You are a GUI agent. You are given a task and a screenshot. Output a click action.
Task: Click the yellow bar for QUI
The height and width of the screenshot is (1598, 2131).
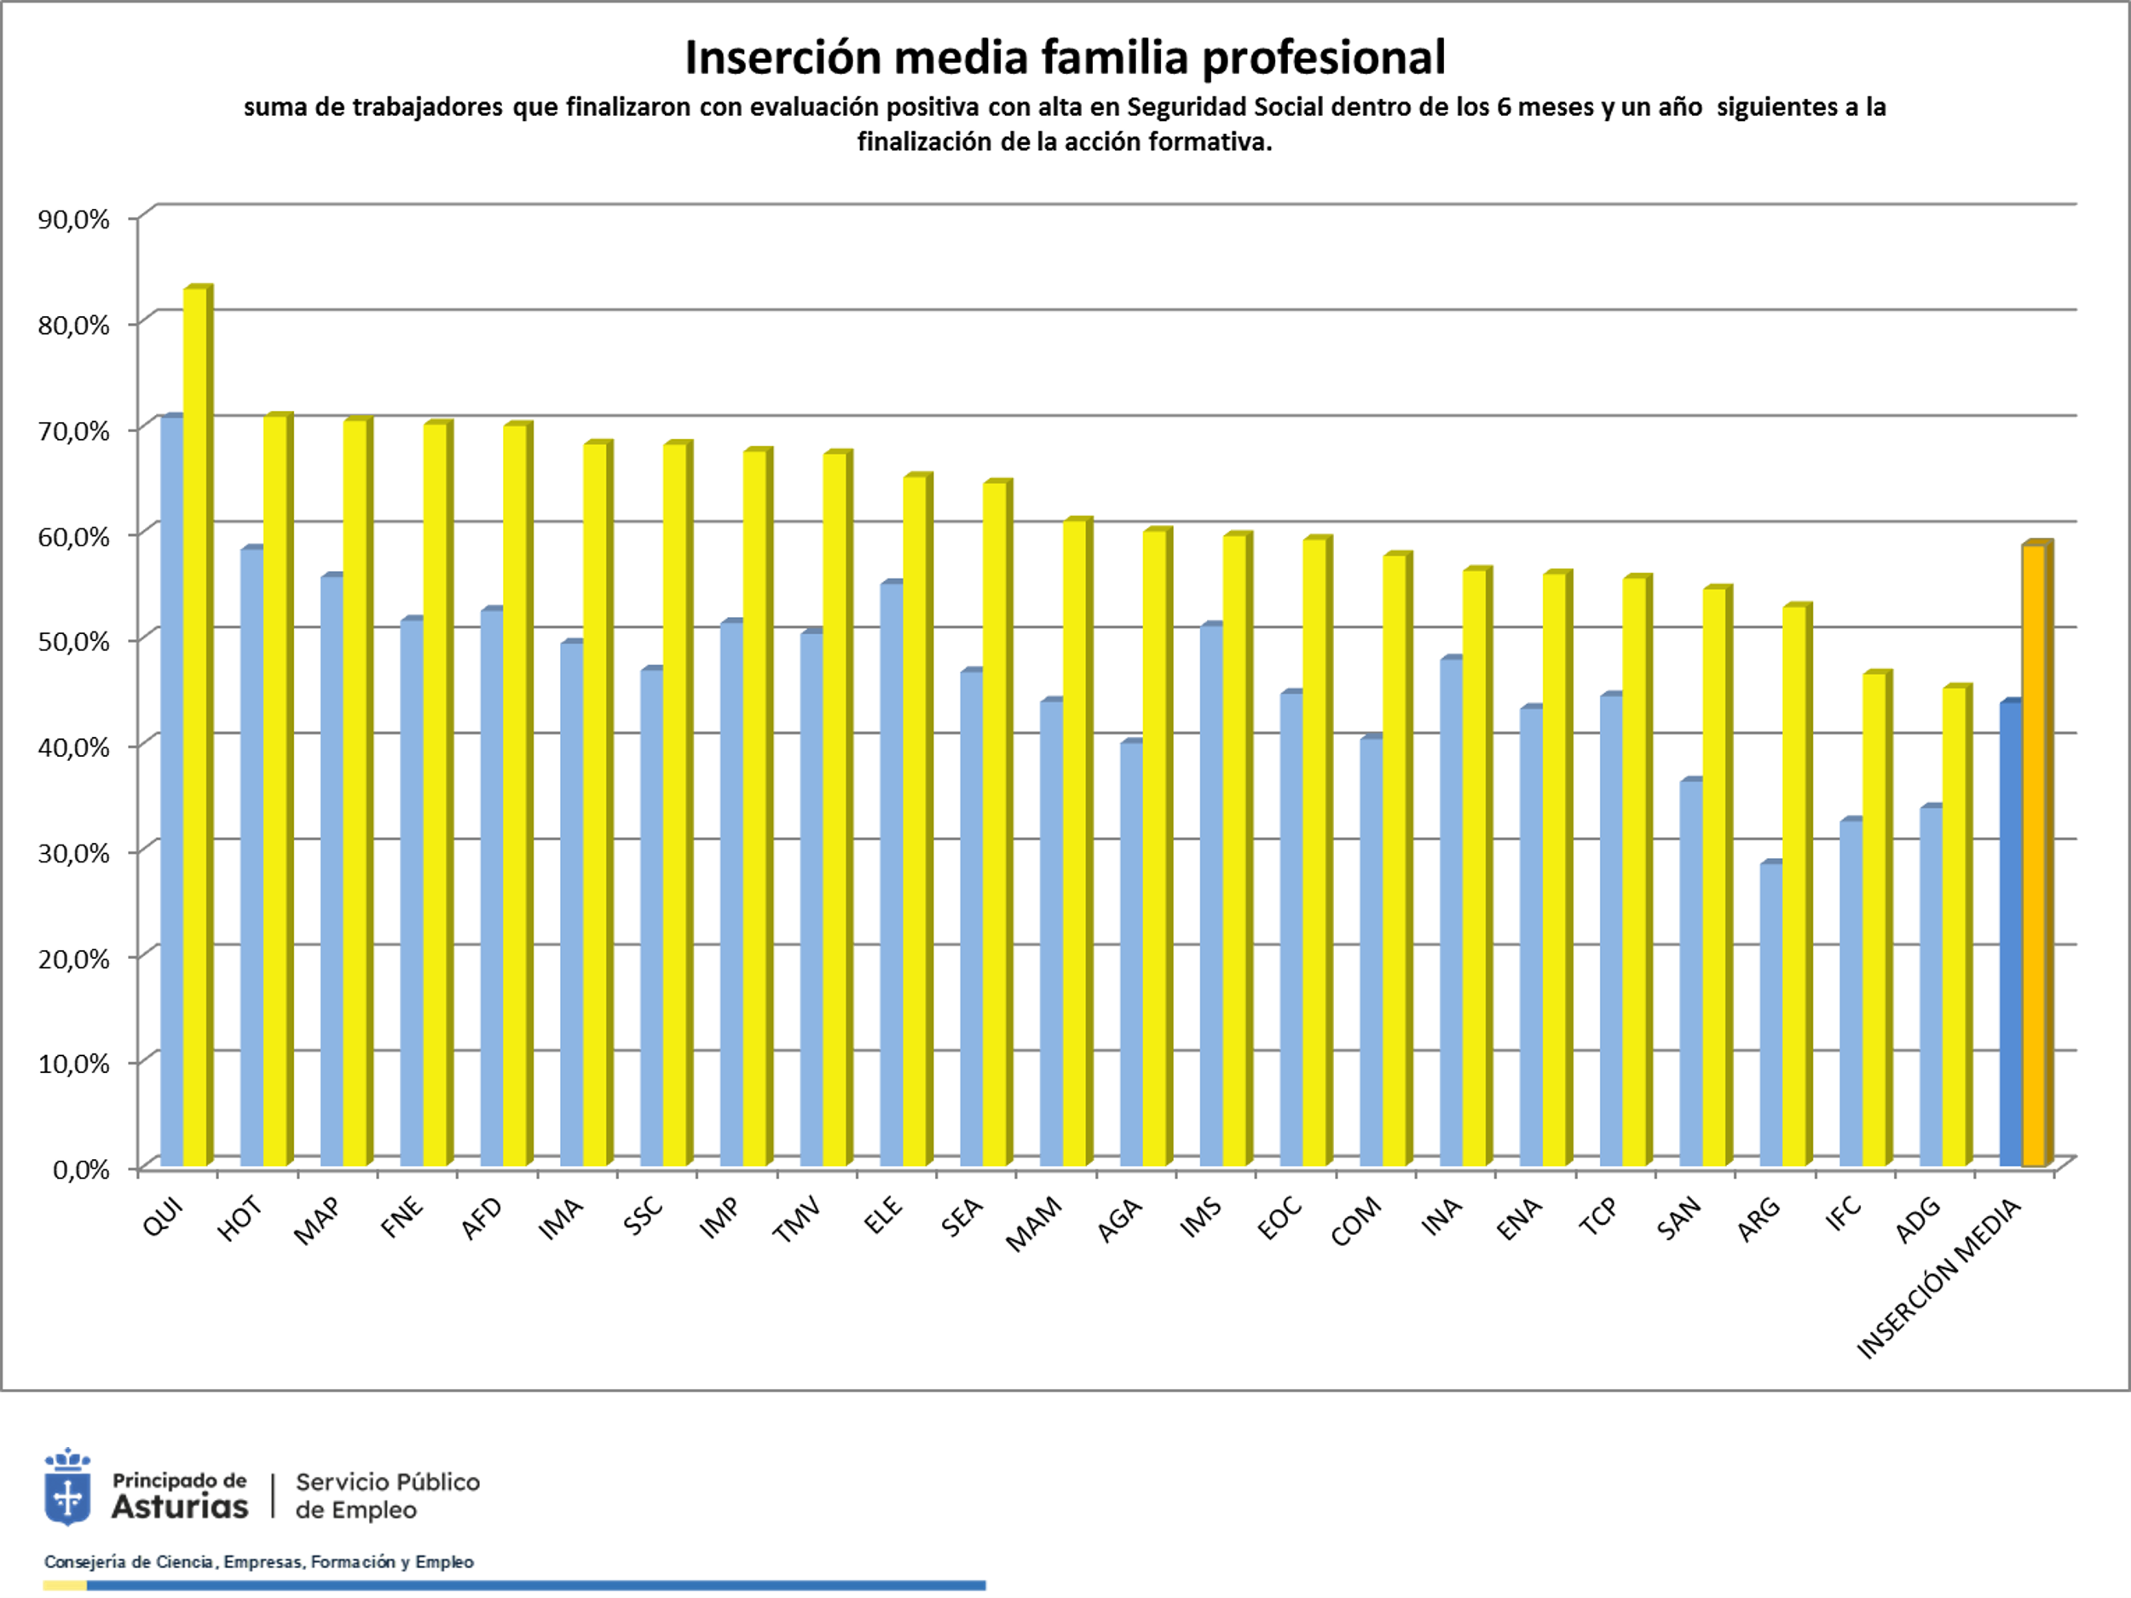pyautogui.click(x=195, y=727)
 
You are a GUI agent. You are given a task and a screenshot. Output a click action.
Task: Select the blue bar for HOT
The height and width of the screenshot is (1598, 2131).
pyautogui.click(x=251, y=857)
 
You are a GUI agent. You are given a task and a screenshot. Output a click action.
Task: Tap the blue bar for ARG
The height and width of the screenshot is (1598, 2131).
pyautogui.click(x=1770, y=1015)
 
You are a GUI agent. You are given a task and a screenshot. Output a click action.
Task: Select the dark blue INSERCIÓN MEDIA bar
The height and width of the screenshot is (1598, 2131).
pyautogui.click(x=2010, y=934)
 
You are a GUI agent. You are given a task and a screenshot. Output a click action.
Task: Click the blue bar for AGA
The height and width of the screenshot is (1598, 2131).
pyautogui.click(x=1131, y=955)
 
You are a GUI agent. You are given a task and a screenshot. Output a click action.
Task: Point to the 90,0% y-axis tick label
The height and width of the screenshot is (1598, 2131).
pyautogui.click(x=74, y=220)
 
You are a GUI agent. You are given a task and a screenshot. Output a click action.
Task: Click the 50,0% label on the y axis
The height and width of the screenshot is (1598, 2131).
pyautogui.click(x=74, y=642)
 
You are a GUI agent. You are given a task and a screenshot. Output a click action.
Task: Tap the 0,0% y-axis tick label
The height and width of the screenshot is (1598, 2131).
pyautogui.click(x=81, y=1170)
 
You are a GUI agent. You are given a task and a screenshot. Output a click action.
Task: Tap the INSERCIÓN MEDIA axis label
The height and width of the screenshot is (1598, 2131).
pyautogui.click(x=1938, y=1279)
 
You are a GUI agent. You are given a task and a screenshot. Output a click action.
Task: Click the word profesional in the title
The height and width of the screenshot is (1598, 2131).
pyautogui.click(x=1323, y=58)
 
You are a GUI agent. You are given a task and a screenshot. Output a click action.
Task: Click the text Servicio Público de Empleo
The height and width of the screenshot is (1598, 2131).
pyautogui.click(x=387, y=1496)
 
